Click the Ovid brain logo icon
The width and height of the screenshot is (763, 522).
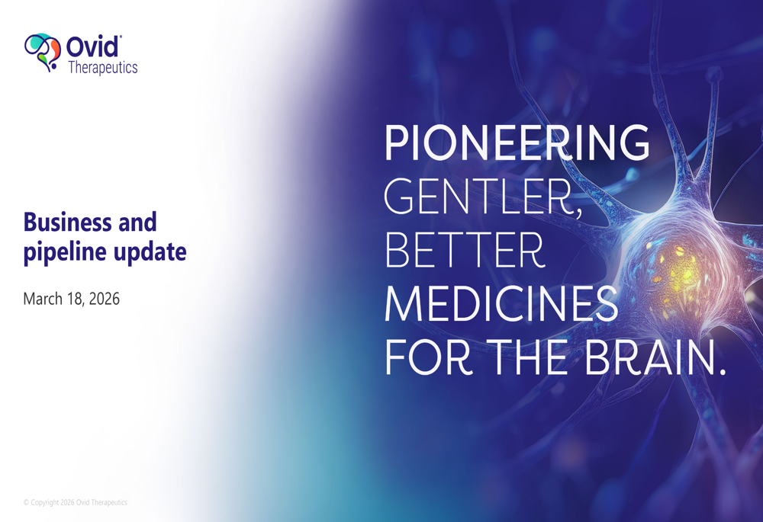click(43, 53)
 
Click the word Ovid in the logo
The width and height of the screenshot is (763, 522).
click(92, 46)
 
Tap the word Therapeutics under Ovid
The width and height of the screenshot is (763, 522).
click(103, 68)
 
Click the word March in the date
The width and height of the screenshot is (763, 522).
click(43, 299)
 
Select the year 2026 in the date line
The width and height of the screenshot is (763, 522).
click(104, 299)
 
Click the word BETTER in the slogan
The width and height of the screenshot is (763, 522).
click(464, 250)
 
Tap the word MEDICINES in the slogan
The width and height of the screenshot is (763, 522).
click(502, 303)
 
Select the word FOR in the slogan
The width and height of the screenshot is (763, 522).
click(429, 357)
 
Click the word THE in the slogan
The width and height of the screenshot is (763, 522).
click(527, 357)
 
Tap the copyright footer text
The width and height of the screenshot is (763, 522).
click(76, 502)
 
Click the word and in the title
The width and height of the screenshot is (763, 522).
click(137, 222)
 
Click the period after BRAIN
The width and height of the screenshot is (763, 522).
click(721, 370)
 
